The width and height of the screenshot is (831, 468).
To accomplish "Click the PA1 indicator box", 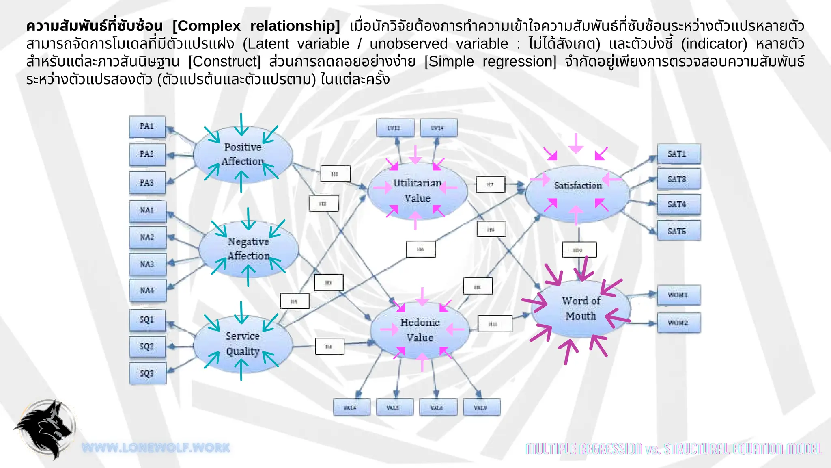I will [147, 126].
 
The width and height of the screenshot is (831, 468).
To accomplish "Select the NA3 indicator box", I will [147, 264].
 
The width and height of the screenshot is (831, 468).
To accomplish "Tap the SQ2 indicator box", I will [147, 347].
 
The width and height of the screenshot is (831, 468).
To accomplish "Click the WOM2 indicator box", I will [678, 323].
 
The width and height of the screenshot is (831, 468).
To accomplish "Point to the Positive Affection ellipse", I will [243, 154].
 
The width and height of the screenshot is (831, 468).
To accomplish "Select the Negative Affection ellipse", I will [248, 249].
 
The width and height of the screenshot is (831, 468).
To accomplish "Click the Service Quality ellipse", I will [243, 344].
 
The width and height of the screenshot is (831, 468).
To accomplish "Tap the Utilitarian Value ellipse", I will [417, 191].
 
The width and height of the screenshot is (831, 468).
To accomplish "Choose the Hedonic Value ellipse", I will [420, 330].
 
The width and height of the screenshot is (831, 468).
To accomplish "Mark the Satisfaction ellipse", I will [577, 191].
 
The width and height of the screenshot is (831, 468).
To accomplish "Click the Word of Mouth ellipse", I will [581, 308].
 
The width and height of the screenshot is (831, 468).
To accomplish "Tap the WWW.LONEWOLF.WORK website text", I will [156, 448].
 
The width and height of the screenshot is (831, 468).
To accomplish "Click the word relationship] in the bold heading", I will [295, 26].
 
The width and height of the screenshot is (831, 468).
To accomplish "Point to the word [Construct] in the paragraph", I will [224, 62].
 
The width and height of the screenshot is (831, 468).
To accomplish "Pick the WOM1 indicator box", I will [678, 295].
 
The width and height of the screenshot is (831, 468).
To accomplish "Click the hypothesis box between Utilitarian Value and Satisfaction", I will [490, 184].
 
